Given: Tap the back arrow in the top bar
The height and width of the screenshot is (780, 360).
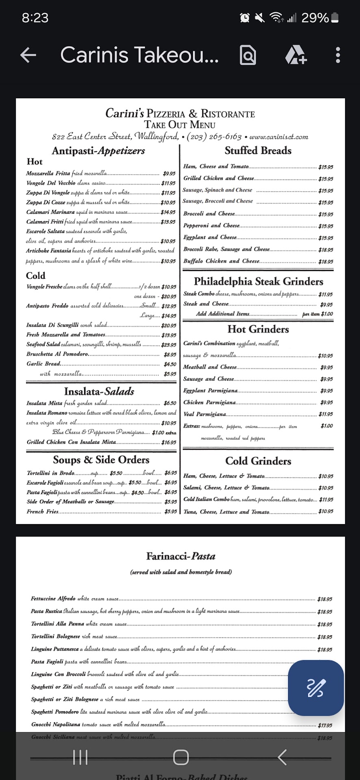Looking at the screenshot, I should coord(28,55).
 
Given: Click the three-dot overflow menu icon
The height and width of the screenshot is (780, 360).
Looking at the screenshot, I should coord(338,55).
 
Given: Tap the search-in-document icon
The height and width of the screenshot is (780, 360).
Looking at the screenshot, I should coord(248,55).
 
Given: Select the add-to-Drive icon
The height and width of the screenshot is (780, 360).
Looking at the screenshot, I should coord(295,55).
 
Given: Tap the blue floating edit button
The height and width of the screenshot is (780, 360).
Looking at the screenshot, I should coord(316,687).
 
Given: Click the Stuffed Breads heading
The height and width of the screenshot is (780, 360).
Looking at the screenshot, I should coord(258,151).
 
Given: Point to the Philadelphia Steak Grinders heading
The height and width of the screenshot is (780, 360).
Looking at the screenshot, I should coord(258,282).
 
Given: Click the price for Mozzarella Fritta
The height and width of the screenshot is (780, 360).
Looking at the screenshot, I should coord(169,173).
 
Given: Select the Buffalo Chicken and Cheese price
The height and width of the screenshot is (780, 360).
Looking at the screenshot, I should coord(325,262).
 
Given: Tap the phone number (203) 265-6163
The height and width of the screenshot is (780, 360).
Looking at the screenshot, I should coord(214,137).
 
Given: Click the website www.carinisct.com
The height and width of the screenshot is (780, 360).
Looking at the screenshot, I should coord(278,137).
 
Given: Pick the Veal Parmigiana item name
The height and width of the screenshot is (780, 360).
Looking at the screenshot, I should coord(204,414).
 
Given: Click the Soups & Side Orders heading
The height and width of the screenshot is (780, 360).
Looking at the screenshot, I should coord(101,460).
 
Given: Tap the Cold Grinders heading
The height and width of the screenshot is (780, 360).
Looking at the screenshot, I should coord(258,461).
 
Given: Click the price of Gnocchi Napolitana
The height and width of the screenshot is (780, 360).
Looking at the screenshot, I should coord(325,725).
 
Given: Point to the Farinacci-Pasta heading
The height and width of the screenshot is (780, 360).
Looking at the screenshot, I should coord(181,556).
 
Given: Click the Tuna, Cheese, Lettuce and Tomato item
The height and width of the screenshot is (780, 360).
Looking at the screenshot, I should coord(226,512).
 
